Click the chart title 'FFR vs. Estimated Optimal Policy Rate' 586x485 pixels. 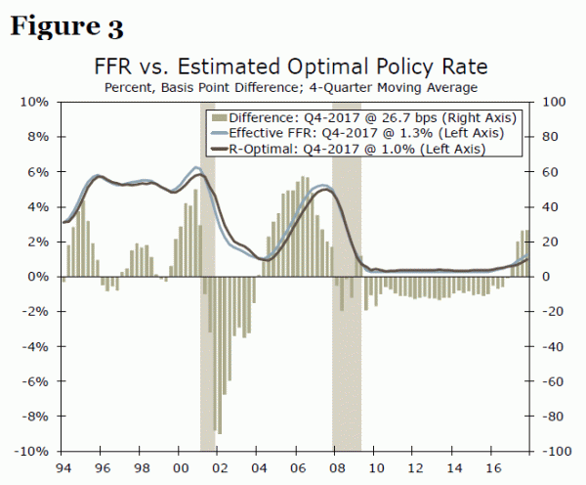pos(290,67)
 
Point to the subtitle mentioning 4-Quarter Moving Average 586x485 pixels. pos(290,88)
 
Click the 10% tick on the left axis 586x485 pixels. pos(35,102)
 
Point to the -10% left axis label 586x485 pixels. pos(32,452)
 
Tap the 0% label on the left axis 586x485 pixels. pos(38,277)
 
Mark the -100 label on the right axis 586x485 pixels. pos(556,452)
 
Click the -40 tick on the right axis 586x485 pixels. pos(553,347)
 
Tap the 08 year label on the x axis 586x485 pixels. pos(335,467)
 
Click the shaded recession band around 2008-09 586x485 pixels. pos(347,372)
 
